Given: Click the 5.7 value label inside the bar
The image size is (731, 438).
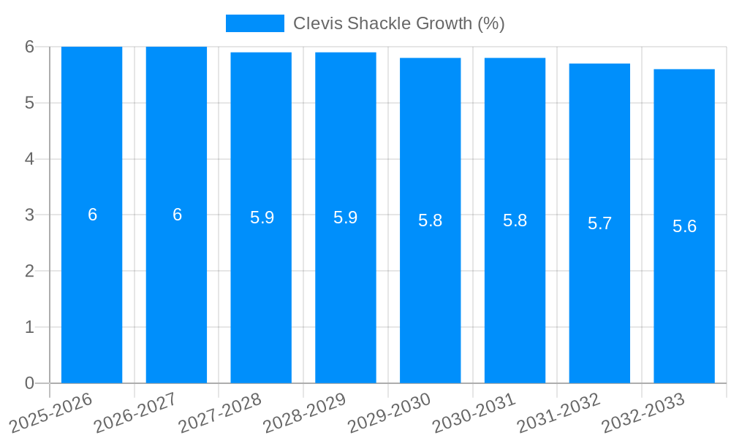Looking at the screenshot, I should click(599, 223).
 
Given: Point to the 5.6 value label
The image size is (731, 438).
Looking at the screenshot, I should click(684, 226).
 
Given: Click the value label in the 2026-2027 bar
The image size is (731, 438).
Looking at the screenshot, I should click(177, 215).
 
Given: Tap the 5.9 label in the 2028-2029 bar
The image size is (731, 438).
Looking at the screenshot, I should click(345, 218).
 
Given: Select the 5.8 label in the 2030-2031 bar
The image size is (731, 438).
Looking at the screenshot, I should click(515, 220).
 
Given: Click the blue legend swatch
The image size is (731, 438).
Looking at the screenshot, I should click(254, 23).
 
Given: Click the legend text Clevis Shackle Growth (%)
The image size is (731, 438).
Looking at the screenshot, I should click(398, 23).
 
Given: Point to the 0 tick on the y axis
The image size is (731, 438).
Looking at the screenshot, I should click(29, 383).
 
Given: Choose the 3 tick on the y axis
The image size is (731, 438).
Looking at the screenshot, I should click(29, 215).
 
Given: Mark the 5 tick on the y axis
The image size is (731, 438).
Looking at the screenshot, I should click(29, 103).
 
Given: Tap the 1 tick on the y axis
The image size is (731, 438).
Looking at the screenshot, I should click(29, 327).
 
